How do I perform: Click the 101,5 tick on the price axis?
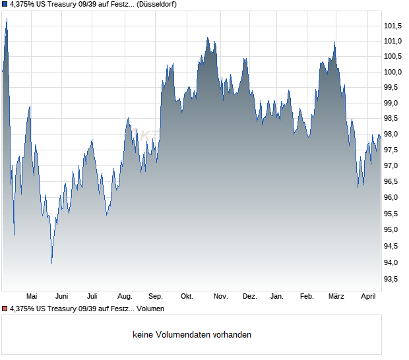tap(393, 26)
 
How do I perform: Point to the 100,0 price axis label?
tap(393, 72)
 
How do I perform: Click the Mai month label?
tap(31, 297)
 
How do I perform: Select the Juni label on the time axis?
tap(62, 297)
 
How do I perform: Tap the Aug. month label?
tap(125, 297)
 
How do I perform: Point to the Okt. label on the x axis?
tap(187, 297)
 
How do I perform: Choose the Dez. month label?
tap(249, 297)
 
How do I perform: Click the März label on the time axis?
tap(336, 297)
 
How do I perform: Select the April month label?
tap(367, 297)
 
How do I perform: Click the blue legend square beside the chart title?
tap(5, 4)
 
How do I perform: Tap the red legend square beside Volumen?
tap(5, 309)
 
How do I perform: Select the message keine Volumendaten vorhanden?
tap(192, 335)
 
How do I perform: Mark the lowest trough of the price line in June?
tap(52, 263)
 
